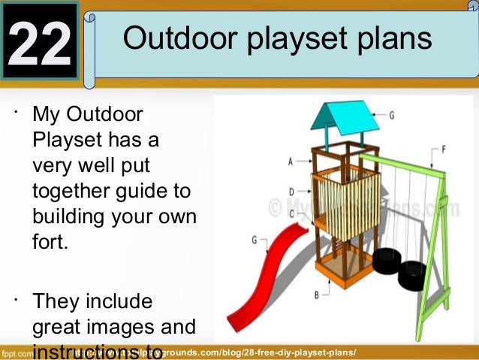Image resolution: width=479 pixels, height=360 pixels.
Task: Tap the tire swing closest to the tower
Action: (386, 260)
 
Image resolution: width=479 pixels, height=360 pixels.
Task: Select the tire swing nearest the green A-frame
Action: (412, 275)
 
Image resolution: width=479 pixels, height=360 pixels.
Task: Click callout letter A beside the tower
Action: (291, 161)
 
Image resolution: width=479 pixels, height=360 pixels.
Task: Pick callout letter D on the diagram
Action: (291, 192)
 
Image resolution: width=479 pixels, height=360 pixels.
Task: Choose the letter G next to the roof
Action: (391, 115)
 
